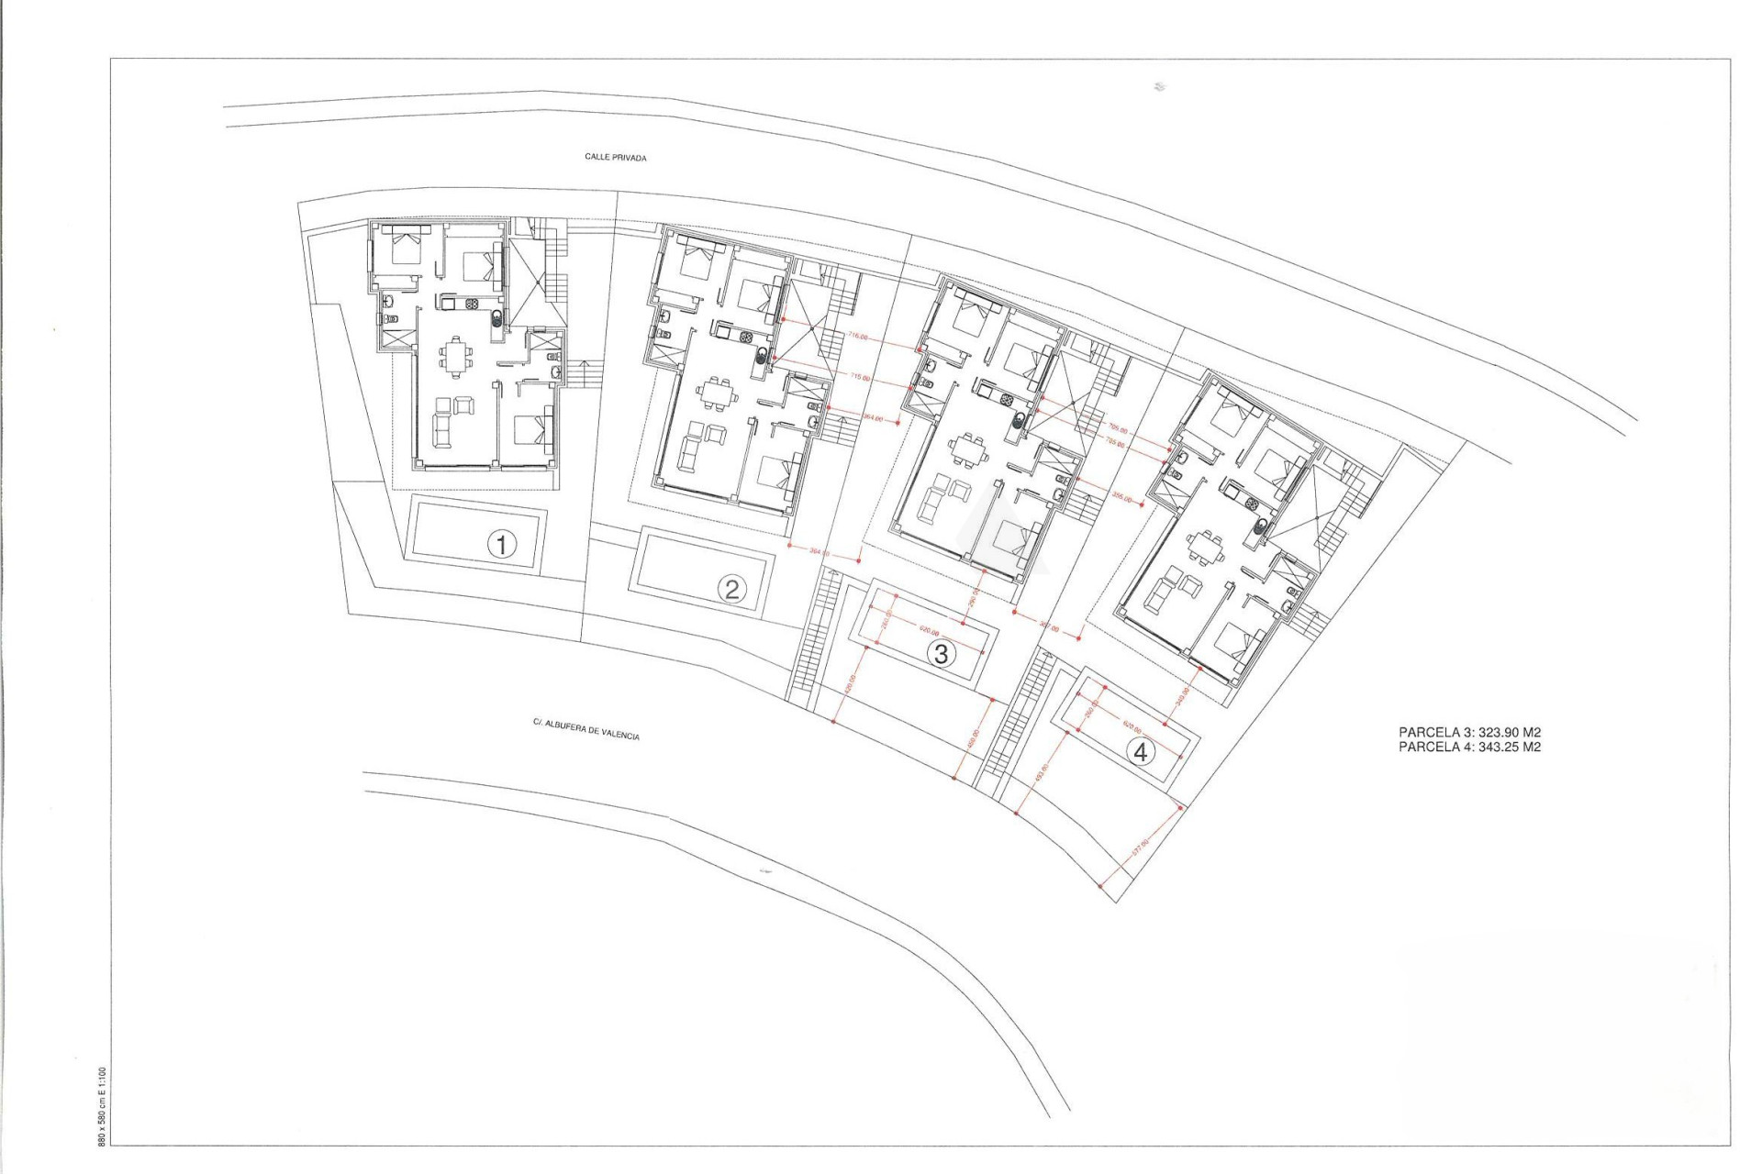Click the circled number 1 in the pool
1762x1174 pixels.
tap(501, 546)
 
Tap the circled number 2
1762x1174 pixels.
tap(731, 589)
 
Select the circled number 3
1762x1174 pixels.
tap(941, 654)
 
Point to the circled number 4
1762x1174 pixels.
tap(1141, 753)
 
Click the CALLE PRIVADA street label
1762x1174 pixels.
tap(616, 158)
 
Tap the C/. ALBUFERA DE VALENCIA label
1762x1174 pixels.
tap(586, 729)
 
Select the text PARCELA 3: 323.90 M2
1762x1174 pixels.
tap(1469, 732)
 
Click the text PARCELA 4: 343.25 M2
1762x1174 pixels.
tap(1469, 747)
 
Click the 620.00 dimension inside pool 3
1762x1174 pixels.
tap(928, 631)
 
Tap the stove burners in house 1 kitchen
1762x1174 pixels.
tap(474, 304)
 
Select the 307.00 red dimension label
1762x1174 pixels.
tap(1049, 630)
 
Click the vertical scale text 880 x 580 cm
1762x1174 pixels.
tap(102, 1105)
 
